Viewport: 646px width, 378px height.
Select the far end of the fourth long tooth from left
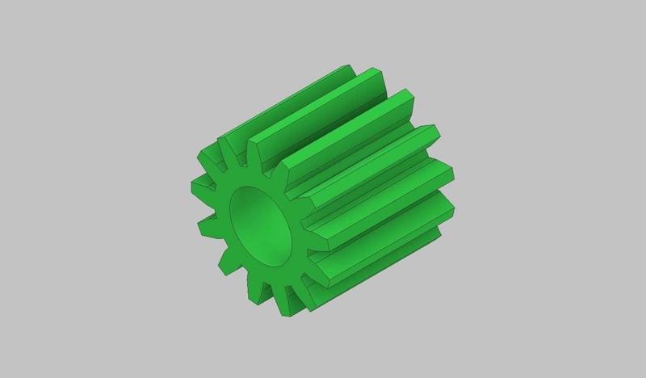click(x=446, y=171)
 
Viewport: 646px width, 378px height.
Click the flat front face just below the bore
click(x=266, y=271)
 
